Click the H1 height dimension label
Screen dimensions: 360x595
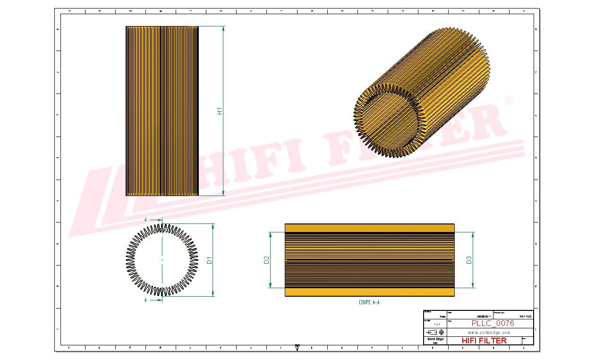[x=220, y=111]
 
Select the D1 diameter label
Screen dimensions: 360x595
[x=210, y=260]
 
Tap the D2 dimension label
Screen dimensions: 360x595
[x=266, y=260]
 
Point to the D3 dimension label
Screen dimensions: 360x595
[x=469, y=260]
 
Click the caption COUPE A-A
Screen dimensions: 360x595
[x=369, y=302]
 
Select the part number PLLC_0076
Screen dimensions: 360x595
[x=493, y=324]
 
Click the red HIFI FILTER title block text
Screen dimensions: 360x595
[x=484, y=341]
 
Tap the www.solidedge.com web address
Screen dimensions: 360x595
[x=489, y=333]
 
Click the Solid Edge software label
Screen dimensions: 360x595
[x=435, y=339]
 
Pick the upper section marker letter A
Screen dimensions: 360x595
[x=145, y=220]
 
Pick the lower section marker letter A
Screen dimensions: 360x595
[x=145, y=300]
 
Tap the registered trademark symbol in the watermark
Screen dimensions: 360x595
[x=509, y=102]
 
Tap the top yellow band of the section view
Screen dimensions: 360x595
[x=369, y=228]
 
